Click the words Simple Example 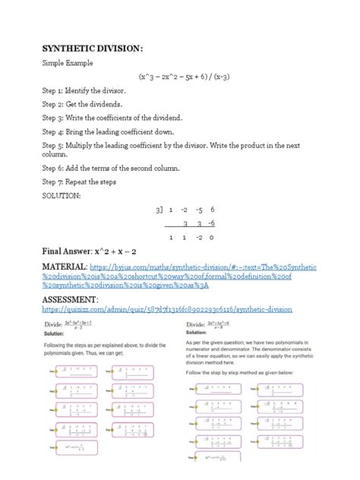pyautogui.click(x=69, y=66)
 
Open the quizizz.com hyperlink pyautogui.click(x=166, y=310)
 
